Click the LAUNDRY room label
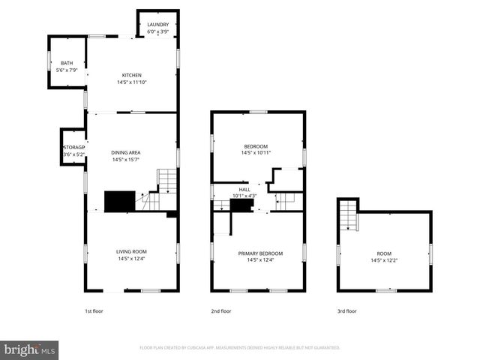pos(157,25)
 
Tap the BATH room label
pos(67,63)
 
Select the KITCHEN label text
pos(132,75)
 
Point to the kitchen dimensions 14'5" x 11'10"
pos(132,82)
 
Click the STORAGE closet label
pos(73,148)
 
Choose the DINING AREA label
pos(126,152)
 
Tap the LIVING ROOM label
pos(131,251)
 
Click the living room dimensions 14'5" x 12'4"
pos(131,259)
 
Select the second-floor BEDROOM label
pos(256,145)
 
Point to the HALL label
pos(244,190)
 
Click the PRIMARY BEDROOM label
pos(259,253)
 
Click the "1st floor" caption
pos(94,310)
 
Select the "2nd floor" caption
pos(220,310)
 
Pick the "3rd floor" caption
pos(346,310)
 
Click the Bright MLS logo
pos(30,349)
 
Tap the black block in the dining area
pos(118,200)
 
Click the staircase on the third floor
pos(348,217)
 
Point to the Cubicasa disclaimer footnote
pos(239,348)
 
